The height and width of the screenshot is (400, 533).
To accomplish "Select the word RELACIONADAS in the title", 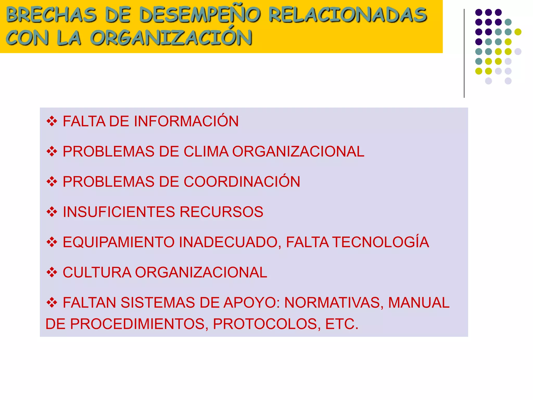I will click(x=348, y=15).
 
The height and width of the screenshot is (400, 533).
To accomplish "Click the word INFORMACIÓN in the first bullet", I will click(x=186, y=121).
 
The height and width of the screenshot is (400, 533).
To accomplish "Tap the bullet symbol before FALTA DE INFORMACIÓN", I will click(x=52, y=121).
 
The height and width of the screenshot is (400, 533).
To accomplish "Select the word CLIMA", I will click(x=206, y=152).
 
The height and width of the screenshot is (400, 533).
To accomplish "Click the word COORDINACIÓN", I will click(x=242, y=182).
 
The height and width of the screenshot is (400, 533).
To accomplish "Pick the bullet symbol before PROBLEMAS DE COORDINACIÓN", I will click(x=52, y=182).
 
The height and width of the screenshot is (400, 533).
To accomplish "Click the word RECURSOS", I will click(x=221, y=212).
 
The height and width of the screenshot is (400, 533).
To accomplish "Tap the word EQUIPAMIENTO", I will click(x=118, y=242).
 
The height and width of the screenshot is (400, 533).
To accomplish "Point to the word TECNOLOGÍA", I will click(x=381, y=242).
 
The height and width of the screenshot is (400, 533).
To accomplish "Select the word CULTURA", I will click(x=97, y=272).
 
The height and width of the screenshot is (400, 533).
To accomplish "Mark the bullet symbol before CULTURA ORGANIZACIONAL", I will click(x=52, y=272).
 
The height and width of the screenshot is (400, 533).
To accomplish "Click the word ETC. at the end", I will click(x=342, y=324).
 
